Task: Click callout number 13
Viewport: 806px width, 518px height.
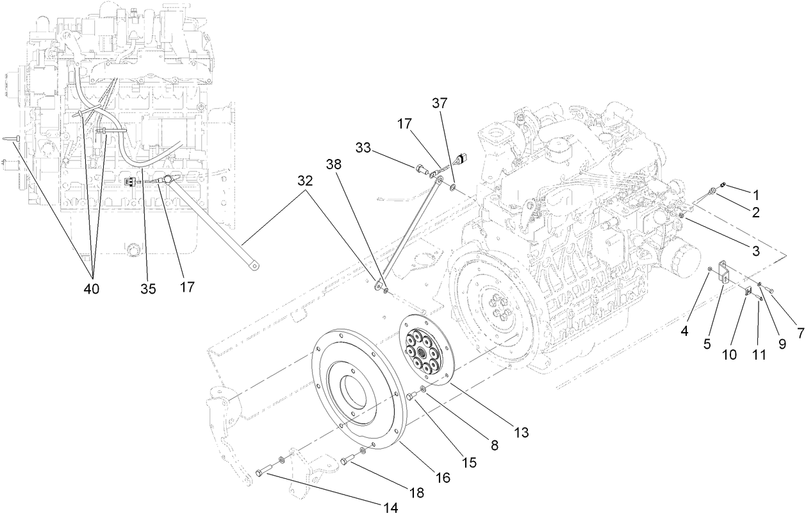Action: click(x=521, y=432)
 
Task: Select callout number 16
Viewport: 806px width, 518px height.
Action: click(x=443, y=478)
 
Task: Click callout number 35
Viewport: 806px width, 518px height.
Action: click(x=148, y=288)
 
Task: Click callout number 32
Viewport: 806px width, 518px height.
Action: click(x=305, y=181)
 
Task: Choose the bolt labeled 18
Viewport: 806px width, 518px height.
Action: click(x=346, y=460)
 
